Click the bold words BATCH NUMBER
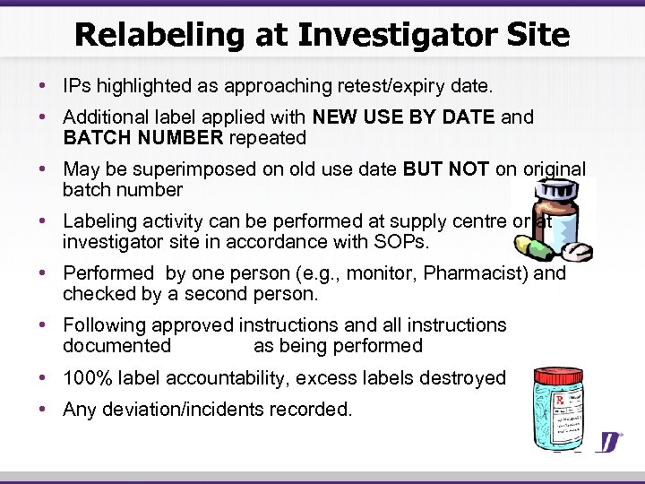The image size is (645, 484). pos(143,138)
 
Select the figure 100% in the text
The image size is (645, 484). pos(89,378)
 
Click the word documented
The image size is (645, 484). pos(117,346)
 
